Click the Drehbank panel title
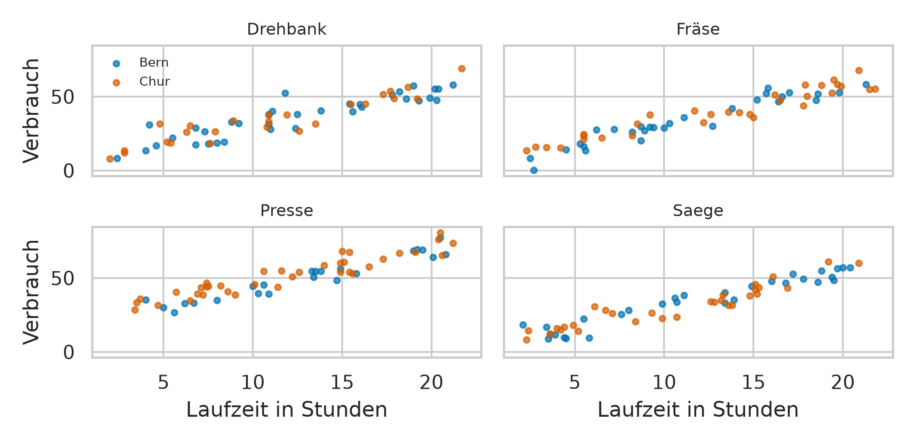click(286, 29)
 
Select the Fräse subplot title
click(698, 29)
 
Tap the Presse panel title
click(286, 211)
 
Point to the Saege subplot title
click(698, 211)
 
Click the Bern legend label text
click(154, 63)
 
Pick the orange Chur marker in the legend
click(116, 83)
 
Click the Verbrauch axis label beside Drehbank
click(32, 110)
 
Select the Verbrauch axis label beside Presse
click(32, 292)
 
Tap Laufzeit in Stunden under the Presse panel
click(286, 410)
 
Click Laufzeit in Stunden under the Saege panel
click(698, 410)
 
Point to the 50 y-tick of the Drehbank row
click(63, 97)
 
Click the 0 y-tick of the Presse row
click(69, 352)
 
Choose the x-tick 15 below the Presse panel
click(342, 383)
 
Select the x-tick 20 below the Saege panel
click(843, 383)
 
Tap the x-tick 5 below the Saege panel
click(575, 383)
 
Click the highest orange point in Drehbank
click(462, 68)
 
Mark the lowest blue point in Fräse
click(534, 170)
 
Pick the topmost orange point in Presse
click(440, 233)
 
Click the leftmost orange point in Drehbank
click(110, 159)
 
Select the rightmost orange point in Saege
click(859, 263)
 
